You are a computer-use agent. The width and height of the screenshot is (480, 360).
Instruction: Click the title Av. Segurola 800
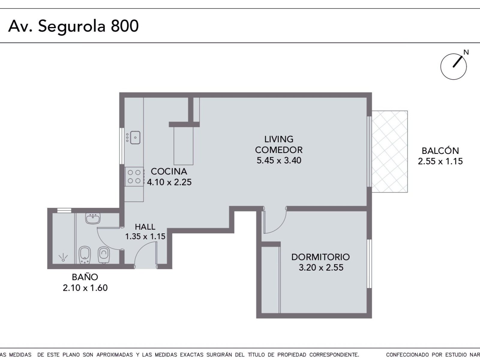(x=73, y=26)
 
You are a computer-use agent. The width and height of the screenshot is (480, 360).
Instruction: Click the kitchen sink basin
(x=135, y=137)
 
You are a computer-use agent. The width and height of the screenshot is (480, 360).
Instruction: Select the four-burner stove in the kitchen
(x=134, y=177)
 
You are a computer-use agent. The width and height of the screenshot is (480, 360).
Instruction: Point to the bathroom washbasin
(x=93, y=218)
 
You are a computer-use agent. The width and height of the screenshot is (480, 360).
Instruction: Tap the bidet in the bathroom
(x=85, y=255)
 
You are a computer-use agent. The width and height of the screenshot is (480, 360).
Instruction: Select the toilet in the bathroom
(x=104, y=255)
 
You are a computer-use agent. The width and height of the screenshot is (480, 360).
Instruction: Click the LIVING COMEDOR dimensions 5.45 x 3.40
(x=279, y=160)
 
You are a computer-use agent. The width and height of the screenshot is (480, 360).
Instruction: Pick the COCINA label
(x=169, y=171)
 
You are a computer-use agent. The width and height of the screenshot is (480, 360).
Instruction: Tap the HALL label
(x=145, y=227)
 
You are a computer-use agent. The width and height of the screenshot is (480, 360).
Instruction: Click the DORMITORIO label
(x=321, y=257)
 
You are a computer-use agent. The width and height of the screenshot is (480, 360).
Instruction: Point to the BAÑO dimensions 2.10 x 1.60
(x=85, y=288)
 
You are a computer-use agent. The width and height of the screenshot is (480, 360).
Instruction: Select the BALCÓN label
(x=440, y=151)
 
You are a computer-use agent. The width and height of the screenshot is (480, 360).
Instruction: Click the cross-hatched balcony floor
(x=390, y=152)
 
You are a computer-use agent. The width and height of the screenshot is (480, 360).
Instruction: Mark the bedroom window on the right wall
(x=369, y=264)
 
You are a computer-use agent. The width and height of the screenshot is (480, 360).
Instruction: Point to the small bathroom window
(x=64, y=211)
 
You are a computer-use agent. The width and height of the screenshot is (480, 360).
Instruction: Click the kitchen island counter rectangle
(x=184, y=146)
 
